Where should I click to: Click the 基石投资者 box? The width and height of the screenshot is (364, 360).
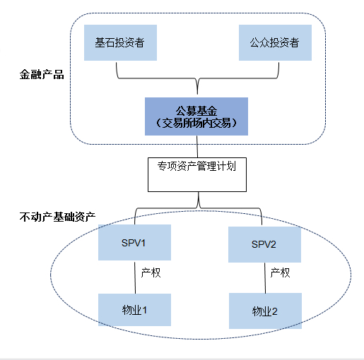(119, 42)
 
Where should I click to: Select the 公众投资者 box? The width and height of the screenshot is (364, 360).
(274, 42)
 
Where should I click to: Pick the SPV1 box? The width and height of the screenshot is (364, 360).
(134, 243)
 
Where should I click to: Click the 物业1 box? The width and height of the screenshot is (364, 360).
(134, 308)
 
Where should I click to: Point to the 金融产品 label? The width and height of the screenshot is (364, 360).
(42, 74)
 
